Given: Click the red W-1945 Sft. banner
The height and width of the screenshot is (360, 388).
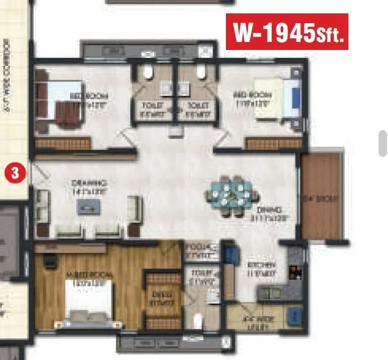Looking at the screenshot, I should pyautogui.click(x=287, y=32).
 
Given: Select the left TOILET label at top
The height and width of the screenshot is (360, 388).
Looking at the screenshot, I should pyautogui.click(x=152, y=108).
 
